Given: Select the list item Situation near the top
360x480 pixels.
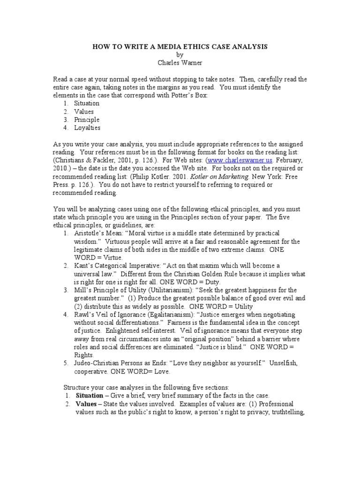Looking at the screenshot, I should (x=87, y=103).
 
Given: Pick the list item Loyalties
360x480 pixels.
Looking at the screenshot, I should (x=87, y=128).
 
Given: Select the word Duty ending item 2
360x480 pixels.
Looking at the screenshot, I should (x=210, y=283).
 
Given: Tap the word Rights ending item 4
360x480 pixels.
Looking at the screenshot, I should (x=85, y=355).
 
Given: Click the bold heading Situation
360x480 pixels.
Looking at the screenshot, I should (x=90, y=396).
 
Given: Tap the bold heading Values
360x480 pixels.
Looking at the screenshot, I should (x=86, y=404).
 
